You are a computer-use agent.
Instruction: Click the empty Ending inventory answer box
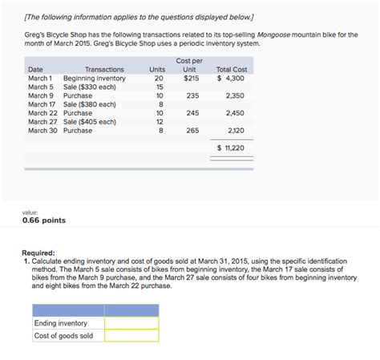[131, 323]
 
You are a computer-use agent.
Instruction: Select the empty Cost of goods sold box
[131, 336]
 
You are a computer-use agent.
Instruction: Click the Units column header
[157, 70]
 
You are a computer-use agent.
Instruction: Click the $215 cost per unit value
[191, 78]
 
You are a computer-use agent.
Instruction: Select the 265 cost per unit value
[192, 130]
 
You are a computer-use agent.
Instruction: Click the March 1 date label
[40, 78]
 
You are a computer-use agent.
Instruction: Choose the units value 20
[159, 78]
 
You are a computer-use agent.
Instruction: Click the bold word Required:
[40, 252]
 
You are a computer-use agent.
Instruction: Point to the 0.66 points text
[44, 220]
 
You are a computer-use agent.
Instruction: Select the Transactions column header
[104, 70]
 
